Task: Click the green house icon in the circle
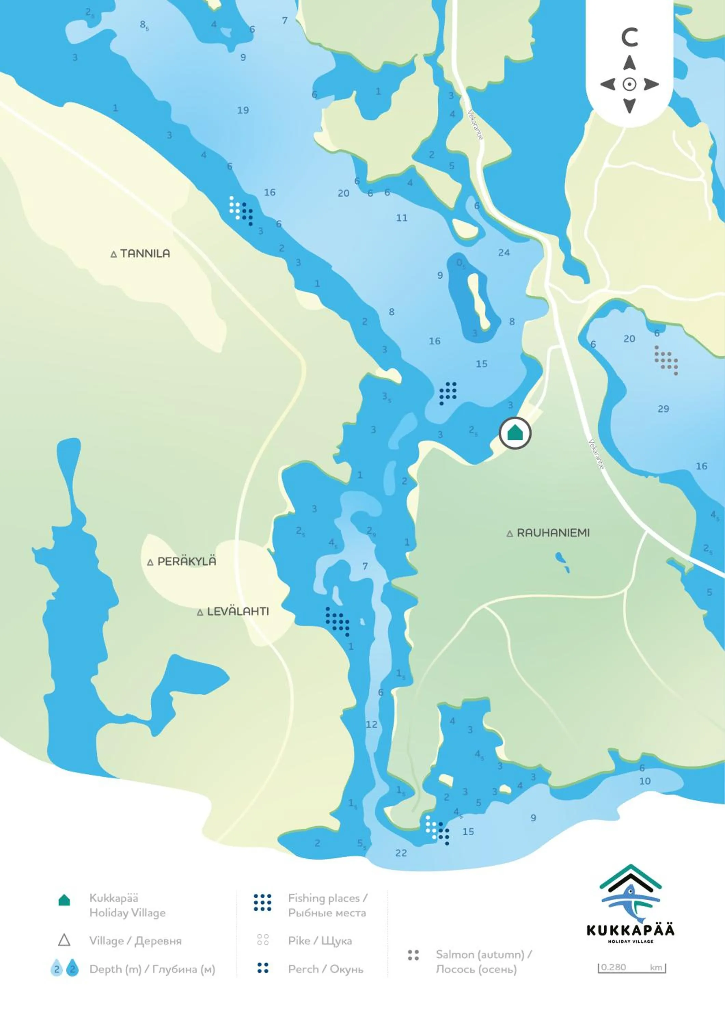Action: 515,433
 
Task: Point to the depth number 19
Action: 243,110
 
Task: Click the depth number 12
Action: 371,724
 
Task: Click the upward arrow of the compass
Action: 629,63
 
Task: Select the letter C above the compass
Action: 629,38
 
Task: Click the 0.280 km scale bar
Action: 632,967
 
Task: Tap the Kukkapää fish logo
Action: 630,902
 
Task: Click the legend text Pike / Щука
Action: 320,941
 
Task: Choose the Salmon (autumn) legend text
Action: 483,955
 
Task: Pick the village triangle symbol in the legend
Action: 64,940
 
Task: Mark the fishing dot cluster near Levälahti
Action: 338,621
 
